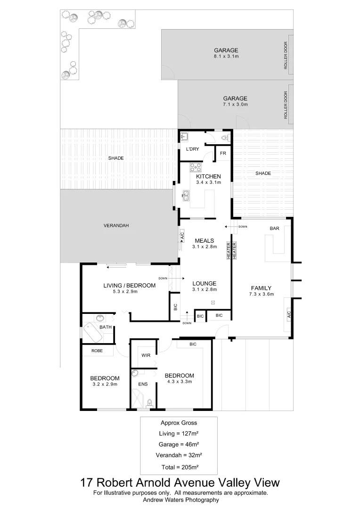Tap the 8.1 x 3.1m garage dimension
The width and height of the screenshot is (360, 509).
point(226,57)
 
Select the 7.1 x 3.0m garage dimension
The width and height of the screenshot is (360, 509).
point(235,105)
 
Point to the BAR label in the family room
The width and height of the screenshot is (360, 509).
point(275,229)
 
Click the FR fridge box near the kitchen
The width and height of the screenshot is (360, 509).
point(223,154)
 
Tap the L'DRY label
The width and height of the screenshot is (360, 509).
point(192,149)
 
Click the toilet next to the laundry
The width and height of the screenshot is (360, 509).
point(225,138)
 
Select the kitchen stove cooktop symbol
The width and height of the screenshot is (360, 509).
point(196,167)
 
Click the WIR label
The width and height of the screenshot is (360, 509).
point(146,355)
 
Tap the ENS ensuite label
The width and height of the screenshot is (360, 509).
point(143,384)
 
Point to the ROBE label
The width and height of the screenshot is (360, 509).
point(97,351)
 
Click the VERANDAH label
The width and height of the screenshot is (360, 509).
point(116,226)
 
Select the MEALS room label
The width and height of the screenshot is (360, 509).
point(204,240)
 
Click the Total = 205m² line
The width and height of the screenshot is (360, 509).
point(179,467)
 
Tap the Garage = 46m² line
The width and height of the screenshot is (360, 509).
point(179,444)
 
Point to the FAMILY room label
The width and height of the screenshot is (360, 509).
point(261,288)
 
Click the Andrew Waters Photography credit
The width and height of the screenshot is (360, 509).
point(180,500)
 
